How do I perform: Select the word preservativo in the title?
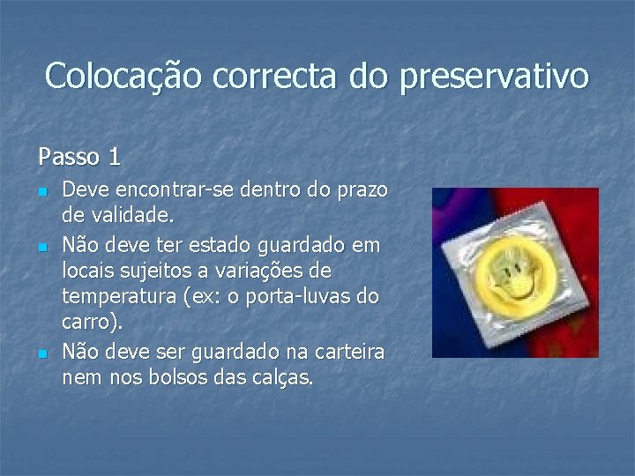coord(494,78)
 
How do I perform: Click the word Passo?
coord(67,158)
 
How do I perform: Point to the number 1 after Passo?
coord(114,158)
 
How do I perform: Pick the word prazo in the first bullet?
coord(364,190)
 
